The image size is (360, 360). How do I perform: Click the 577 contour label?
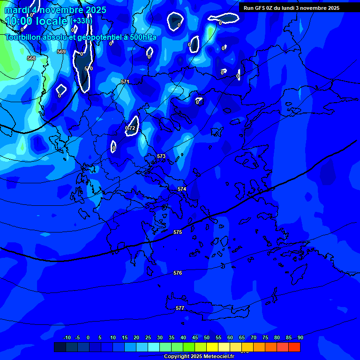point(180,308)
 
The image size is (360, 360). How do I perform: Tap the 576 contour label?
point(178,273)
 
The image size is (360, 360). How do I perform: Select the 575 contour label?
point(178,232)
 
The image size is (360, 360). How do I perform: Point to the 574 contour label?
point(182,189)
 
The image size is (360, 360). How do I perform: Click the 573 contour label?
point(161,156)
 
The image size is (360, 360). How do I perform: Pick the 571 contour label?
point(125,82)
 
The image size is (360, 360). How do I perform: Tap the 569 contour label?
point(61,52)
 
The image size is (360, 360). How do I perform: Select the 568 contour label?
point(31,58)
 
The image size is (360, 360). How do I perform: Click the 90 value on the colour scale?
point(300,337)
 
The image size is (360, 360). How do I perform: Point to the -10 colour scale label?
point(67,337)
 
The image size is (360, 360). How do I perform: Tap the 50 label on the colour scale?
point(207,337)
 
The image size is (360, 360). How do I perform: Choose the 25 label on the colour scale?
point(148,337)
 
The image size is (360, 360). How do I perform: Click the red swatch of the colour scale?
point(294,347)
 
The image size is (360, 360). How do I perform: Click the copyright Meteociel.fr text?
point(199,356)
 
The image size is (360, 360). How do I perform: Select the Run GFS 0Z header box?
point(292,8)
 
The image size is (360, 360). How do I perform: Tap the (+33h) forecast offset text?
point(81,21)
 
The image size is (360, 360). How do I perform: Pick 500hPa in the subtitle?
point(142,37)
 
